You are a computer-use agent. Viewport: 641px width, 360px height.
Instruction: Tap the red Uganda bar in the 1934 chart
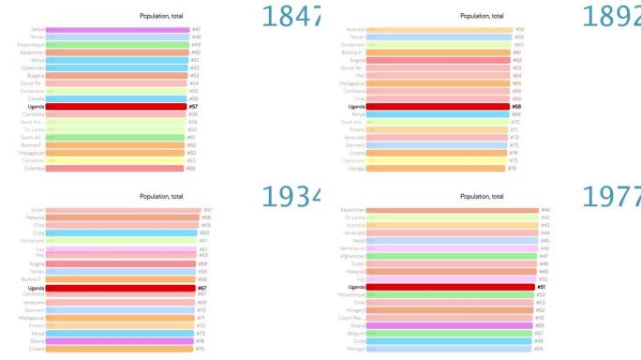(x=116, y=288)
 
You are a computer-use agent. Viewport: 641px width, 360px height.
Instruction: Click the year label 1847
(x=293, y=16)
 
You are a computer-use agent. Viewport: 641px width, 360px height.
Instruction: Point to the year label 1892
(x=612, y=16)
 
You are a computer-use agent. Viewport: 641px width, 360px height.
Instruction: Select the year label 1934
(x=293, y=196)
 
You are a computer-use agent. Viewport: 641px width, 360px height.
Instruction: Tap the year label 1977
(x=612, y=196)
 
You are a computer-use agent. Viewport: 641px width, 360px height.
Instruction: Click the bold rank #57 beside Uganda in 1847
(x=194, y=107)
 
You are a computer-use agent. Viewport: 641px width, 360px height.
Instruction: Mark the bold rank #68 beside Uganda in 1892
(x=515, y=107)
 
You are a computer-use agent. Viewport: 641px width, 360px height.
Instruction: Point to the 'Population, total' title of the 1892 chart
(x=482, y=16)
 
